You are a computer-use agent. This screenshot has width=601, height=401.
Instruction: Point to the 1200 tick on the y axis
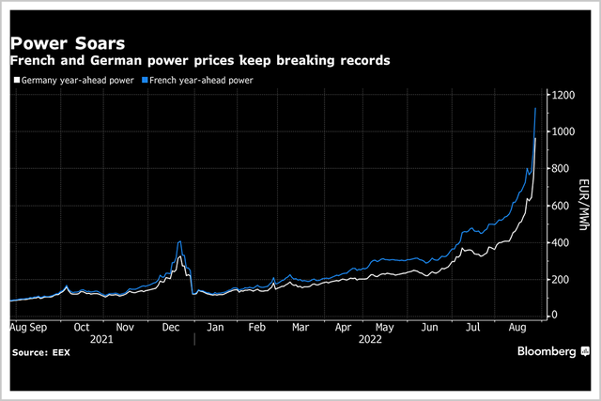coord(564,96)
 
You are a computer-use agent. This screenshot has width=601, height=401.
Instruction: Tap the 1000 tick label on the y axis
coord(564,132)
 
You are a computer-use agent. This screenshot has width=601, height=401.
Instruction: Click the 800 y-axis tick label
coord(562,169)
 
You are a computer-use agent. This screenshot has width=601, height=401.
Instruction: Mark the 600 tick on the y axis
coord(562,206)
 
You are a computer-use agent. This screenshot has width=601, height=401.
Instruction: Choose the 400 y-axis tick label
coord(562,242)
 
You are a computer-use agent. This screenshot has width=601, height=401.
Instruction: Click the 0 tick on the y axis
coord(556,316)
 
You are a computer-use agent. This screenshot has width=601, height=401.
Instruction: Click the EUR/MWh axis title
coord(584,206)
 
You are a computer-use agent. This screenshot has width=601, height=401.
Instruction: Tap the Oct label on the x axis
coord(82,328)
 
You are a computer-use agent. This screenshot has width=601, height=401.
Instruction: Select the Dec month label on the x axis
coord(172,328)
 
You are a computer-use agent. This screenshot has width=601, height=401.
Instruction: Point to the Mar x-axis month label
coord(300,328)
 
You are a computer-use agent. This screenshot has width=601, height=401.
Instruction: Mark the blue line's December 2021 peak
coord(179,242)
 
